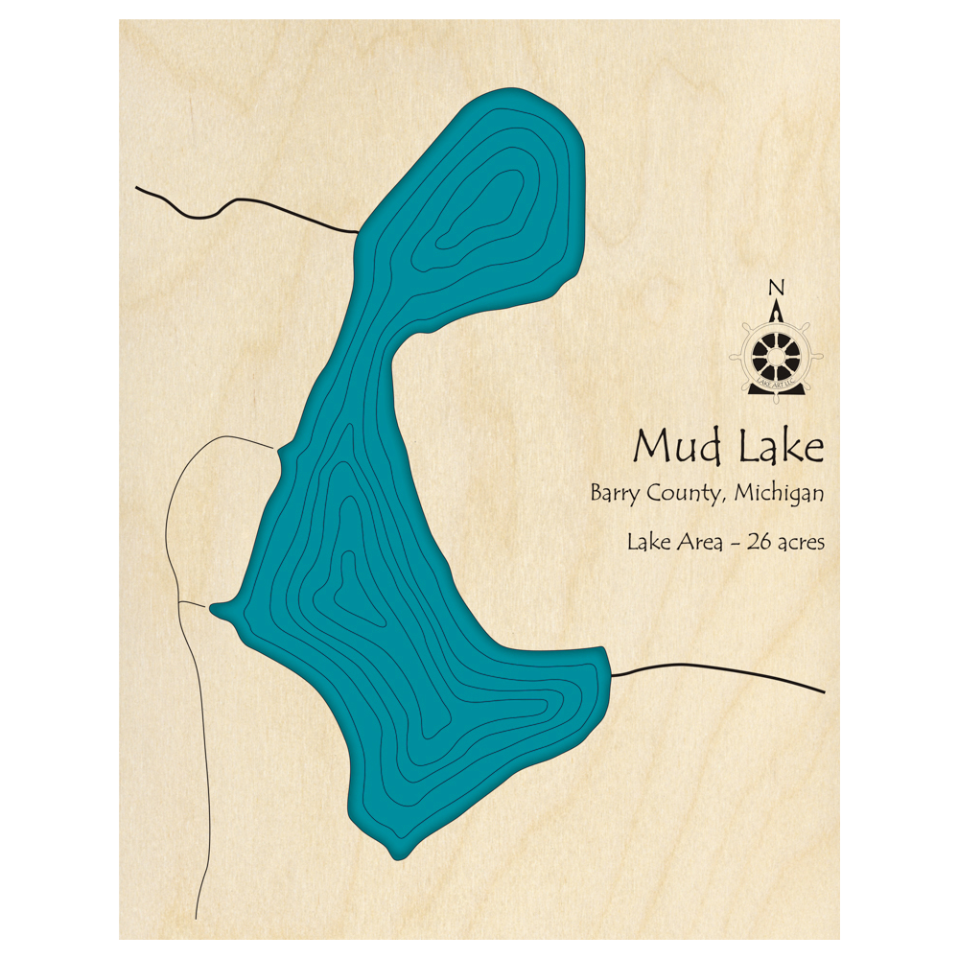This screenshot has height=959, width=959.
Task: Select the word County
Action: [x=690, y=495]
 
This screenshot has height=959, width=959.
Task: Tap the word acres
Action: [x=801, y=543]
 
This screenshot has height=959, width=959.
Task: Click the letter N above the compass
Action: [x=777, y=288]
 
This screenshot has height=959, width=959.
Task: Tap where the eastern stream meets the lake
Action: [x=611, y=674]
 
